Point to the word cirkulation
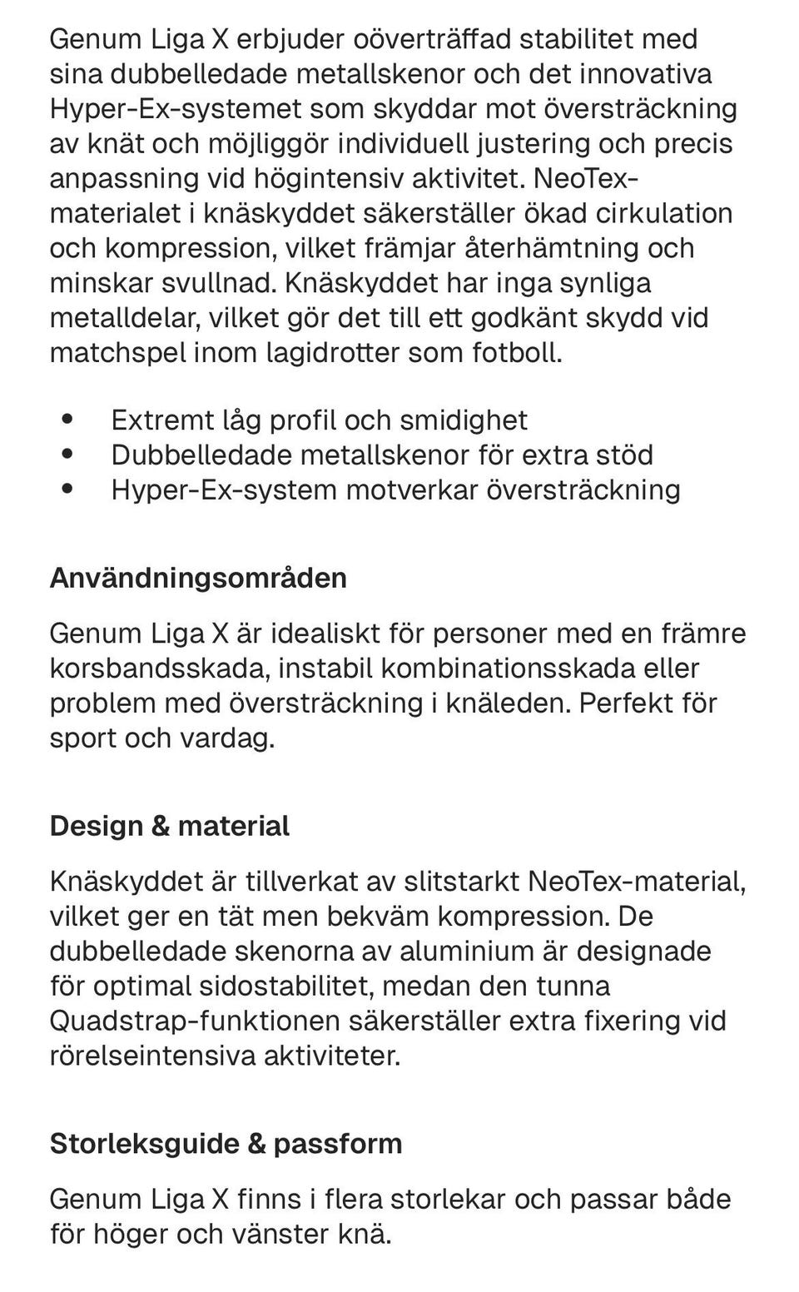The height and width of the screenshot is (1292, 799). pyautogui.click(x=663, y=214)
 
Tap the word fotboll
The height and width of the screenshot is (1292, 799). pyautogui.click(x=517, y=354)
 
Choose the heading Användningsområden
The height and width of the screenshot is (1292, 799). pyautogui.click(x=198, y=578)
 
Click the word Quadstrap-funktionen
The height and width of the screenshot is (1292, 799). pyautogui.click(x=195, y=1021)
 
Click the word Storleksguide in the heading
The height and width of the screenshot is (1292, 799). pyautogui.click(x=145, y=1144)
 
